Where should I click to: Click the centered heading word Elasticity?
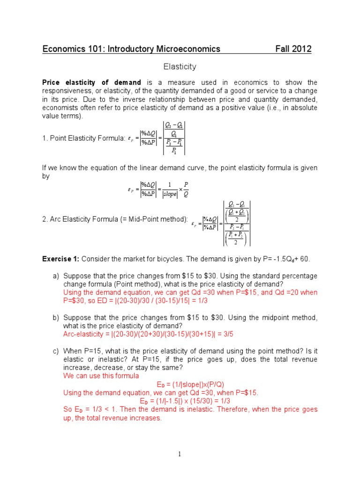click(180, 67)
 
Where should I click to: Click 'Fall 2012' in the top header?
click(293, 49)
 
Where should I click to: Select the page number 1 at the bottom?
click(180, 454)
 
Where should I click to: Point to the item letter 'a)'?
click(55, 276)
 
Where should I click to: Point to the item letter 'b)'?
click(55, 318)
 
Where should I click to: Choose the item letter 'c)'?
click(55, 351)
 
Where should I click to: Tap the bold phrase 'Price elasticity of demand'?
click(91, 82)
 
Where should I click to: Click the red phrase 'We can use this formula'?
click(101, 376)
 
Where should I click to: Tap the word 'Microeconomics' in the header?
click(190, 49)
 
